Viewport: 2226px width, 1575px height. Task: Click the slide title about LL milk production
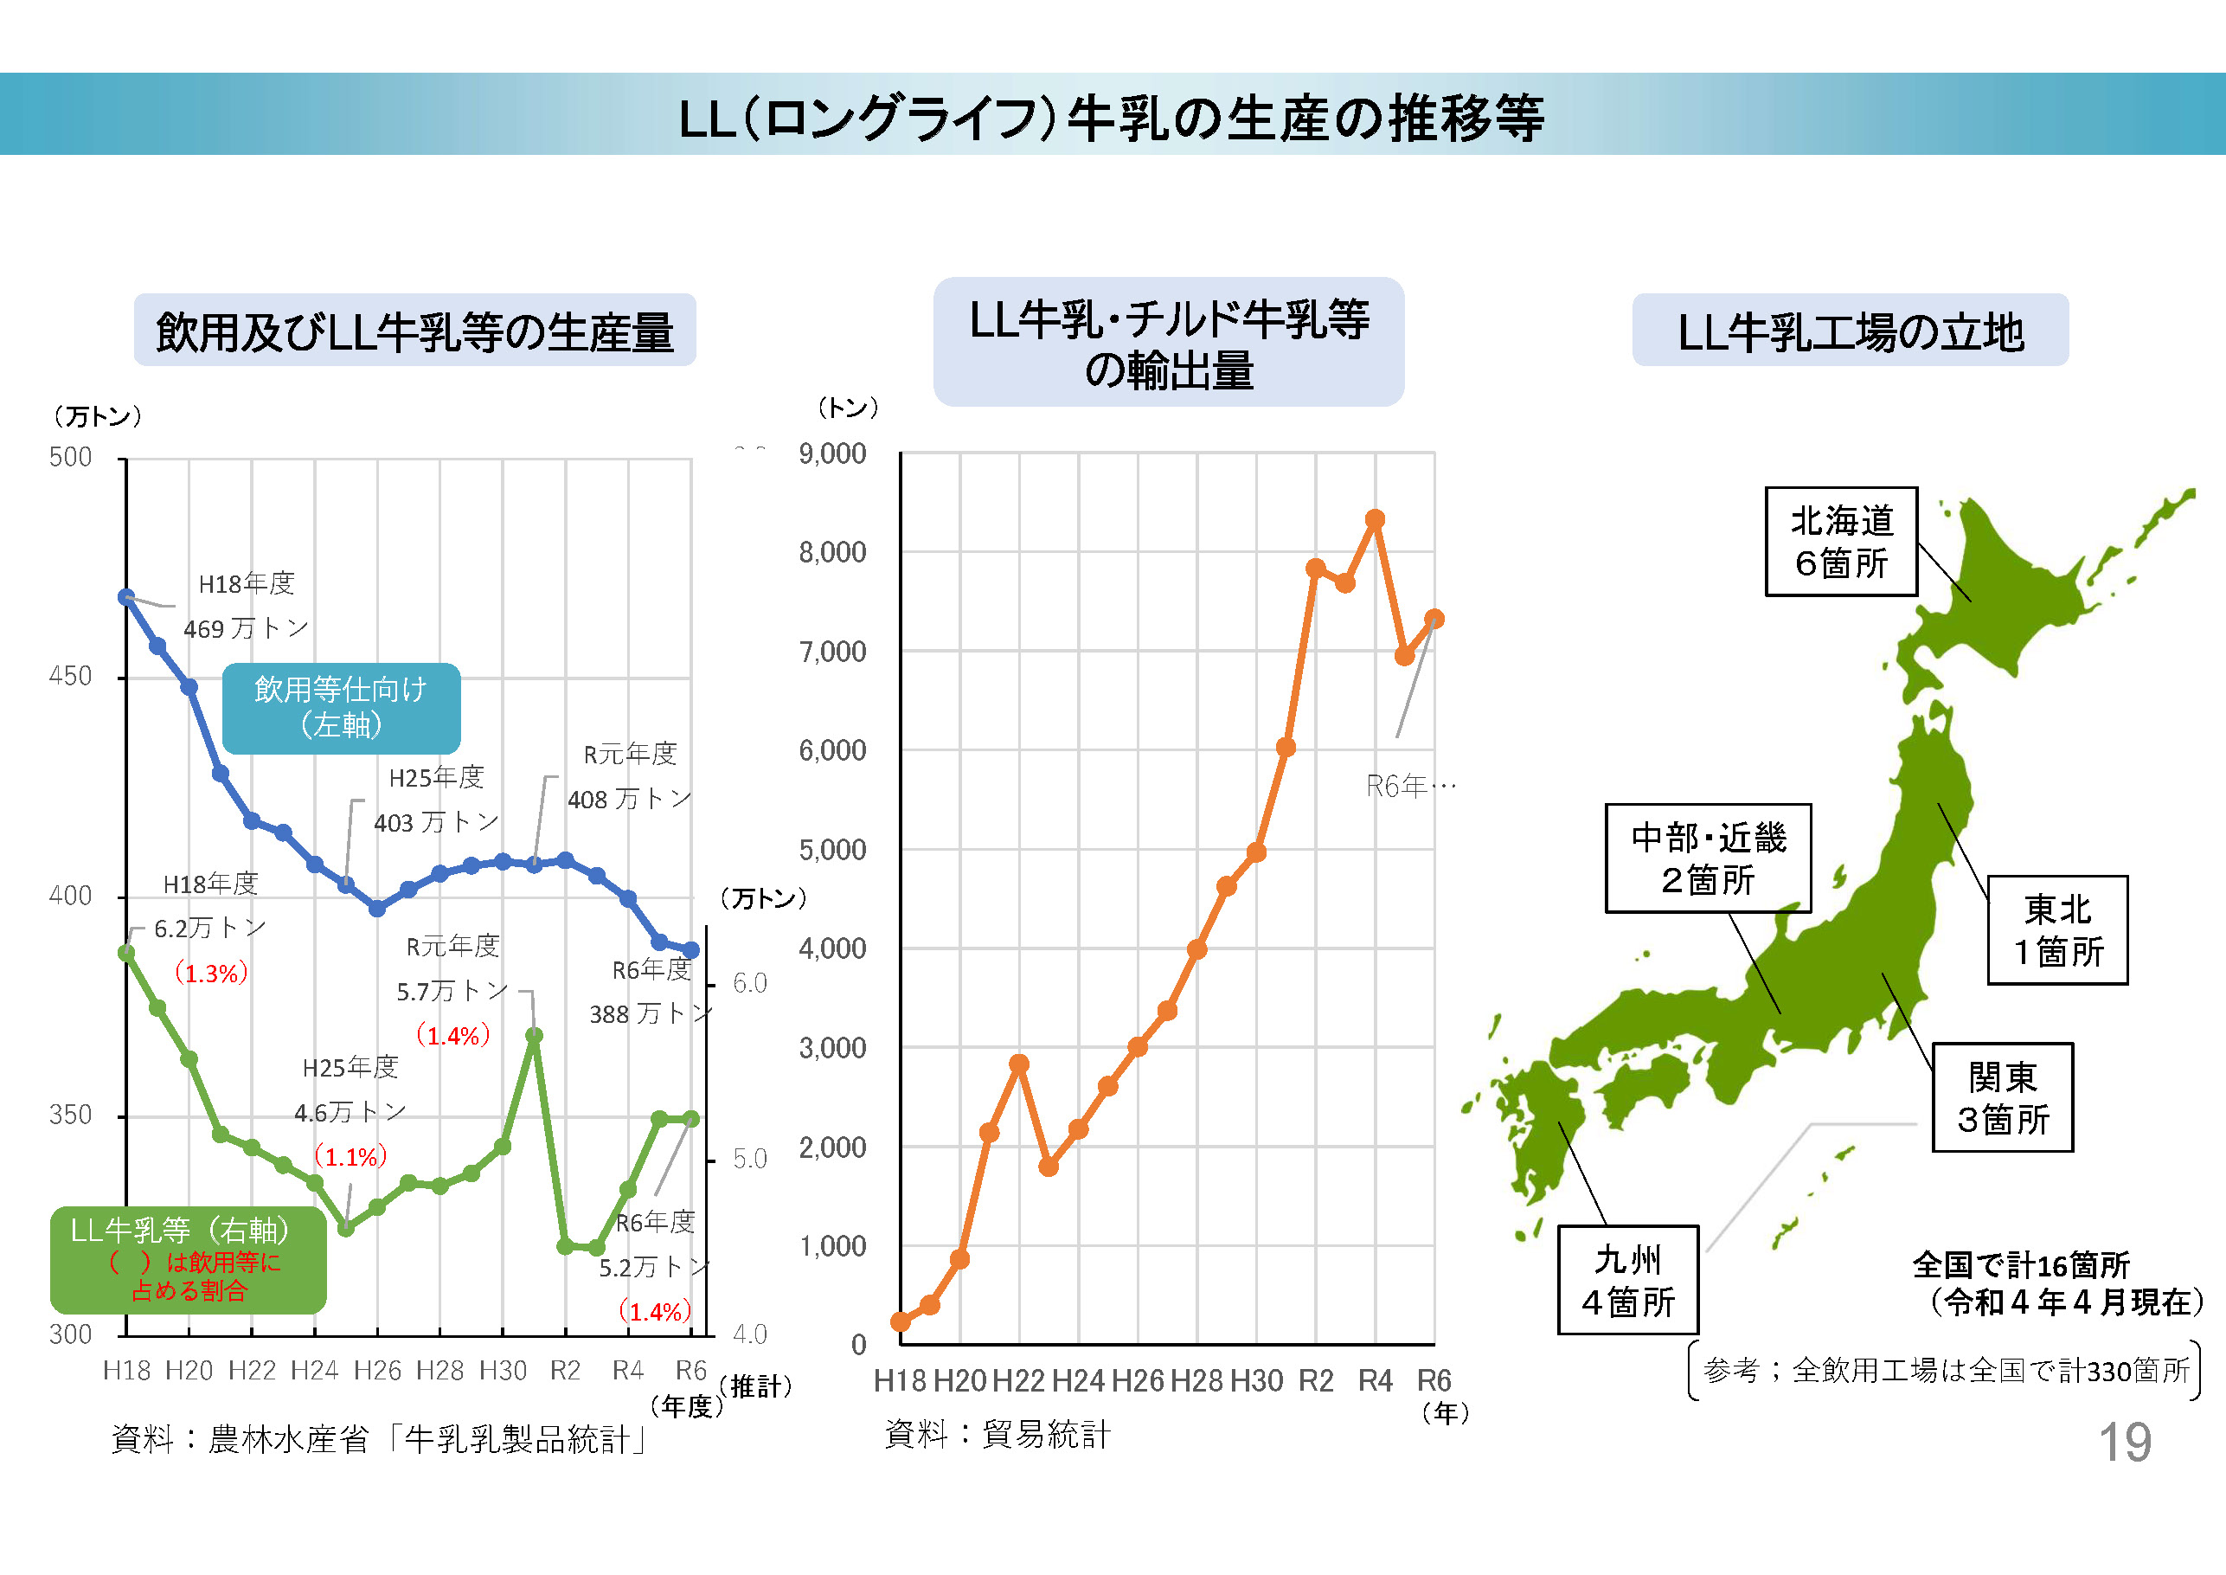click(x=1111, y=119)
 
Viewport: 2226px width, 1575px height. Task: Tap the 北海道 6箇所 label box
click(x=1840, y=542)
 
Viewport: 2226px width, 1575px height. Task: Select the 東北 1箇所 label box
click(x=2057, y=930)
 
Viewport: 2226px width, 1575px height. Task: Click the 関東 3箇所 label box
click(x=2002, y=1097)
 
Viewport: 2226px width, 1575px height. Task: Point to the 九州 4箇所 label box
click(x=1628, y=1280)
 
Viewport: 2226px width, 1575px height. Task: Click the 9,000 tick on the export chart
click(x=832, y=453)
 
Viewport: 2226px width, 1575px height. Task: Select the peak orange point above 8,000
click(x=1374, y=520)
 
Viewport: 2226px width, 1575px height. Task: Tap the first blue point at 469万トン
click(x=126, y=597)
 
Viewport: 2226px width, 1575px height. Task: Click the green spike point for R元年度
click(x=534, y=1036)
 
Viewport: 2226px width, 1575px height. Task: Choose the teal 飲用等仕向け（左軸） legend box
click(x=341, y=708)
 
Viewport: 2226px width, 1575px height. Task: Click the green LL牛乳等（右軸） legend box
click(x=188, y=1259)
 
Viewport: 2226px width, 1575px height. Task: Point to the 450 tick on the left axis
click(x=71, y=677)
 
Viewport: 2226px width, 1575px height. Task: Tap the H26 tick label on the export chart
click(x=1139, y=1380)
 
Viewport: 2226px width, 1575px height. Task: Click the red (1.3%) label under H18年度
click(x=210, y=973)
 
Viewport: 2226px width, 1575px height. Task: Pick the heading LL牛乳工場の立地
click(x=1850, y=331)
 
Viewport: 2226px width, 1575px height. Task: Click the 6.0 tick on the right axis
click(x=749, y=983)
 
